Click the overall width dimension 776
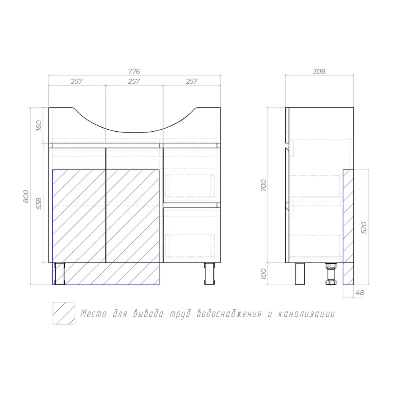coord(134,72)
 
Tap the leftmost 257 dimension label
coord(77,81)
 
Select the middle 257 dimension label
coord(134,81)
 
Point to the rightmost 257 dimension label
coord(191,81)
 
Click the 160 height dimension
coord(39,125)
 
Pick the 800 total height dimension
coord(26,196)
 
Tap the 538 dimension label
coord(39,203)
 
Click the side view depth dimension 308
coord(319,72)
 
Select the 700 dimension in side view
coord(263,185)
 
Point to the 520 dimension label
coord(364,228)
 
